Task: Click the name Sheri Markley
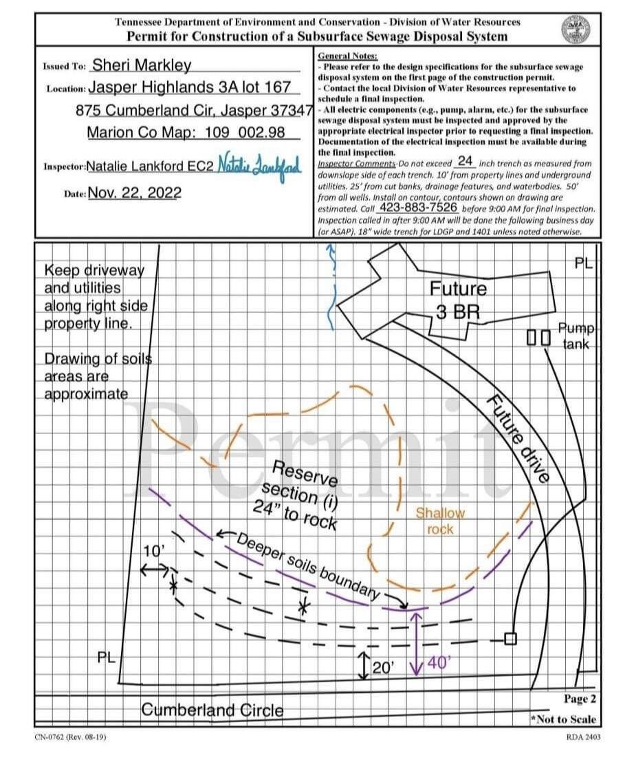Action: pos(142,65)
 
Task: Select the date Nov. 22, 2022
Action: pos(135,193)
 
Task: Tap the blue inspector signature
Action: pos(260,164)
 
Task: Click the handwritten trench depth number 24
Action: pos(465,162)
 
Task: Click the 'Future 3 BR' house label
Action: pos(457,300)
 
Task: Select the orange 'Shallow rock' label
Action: pos(440,521)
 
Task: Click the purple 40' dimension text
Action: pos(439,664)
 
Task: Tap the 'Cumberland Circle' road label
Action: pos(212,709)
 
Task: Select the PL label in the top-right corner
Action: pos(583,263)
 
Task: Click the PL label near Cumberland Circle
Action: pos(106,658)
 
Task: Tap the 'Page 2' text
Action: pos(580,699)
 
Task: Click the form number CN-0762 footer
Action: pos(71,737)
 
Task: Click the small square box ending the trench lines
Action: pos(509,638)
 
